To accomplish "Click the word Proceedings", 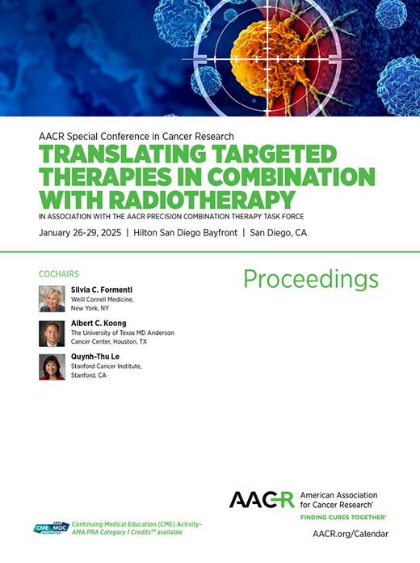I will coord(311,279).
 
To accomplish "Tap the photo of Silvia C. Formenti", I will coord(52,298).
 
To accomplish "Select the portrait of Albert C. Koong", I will coord(52,332).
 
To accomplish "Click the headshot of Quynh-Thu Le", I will coord(52,366).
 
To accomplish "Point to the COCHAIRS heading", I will coord(58,274).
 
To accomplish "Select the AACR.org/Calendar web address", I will coord(350,534).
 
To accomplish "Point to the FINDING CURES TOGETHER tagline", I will coord(343,516).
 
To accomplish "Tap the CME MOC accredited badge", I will coord(52,528).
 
